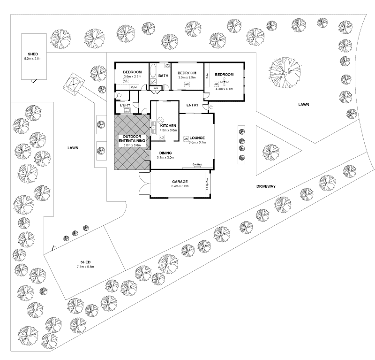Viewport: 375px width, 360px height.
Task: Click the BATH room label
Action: pyautogui.click(x=163, y=76)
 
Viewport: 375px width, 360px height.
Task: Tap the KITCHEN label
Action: pyautogui.click(x=168, y=126)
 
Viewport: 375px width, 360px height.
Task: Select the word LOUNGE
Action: pyautogui.click(x=197, y=138)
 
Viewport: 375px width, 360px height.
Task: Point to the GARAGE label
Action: pyautogui.click(x=180, y=181)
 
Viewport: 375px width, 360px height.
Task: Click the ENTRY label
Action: pyautogui.click(x=192, y=105)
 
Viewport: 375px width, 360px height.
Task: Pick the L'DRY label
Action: pyautogui.click(x=125, y=105)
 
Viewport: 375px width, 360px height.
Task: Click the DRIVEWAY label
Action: pyautogui.click(x=266, y=186)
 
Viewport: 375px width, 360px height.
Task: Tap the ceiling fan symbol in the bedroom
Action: pyautogui.click(x=225, y=84)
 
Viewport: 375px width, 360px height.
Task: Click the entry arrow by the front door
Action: pyautogui.click(x=210, y=108)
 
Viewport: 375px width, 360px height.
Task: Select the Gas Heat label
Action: pyautogui.click(x=197, y=165)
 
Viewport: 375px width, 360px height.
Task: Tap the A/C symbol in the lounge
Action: pyautogui.click(x=186, y=139)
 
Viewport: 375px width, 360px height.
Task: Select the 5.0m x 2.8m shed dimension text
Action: pyautogui.click(x=33, y=59)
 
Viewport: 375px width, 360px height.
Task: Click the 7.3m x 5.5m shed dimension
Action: pyautogui.click(x=85, y=267)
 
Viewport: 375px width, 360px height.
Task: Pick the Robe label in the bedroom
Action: pyautogui.click(x=206, y=75)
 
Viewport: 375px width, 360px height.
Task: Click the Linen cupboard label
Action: pyautogui.click(x=155, y=88)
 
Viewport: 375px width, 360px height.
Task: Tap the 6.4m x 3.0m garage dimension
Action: pyautogui.click(x=180, y=186)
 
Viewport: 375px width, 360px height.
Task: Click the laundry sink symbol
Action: pyautogui.click(x=126, y=111)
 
